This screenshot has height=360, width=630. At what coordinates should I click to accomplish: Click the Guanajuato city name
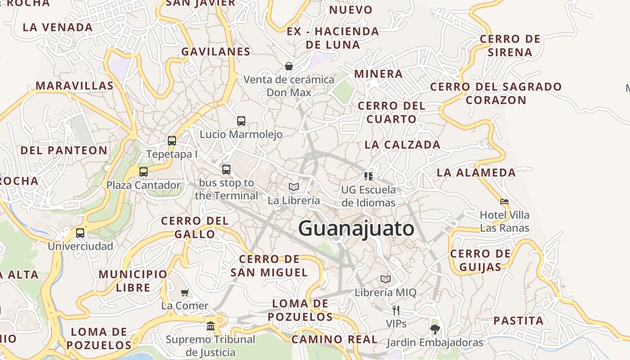356,229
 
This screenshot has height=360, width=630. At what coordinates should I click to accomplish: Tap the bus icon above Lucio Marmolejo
241,121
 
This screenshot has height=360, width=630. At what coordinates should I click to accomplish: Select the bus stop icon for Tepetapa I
171,140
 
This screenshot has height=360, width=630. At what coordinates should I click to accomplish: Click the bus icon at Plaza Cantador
143,171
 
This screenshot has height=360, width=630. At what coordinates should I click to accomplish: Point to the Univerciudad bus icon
80,233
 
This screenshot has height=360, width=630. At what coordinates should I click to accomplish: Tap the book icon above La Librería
294,187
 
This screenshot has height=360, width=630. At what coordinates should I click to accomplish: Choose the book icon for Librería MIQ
386,279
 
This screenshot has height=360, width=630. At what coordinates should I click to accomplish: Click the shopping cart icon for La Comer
184,293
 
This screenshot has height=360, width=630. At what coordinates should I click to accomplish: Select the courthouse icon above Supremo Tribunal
210,326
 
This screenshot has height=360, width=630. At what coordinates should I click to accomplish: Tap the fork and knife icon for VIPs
396,310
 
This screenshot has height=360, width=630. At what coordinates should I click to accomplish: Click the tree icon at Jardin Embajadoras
435,329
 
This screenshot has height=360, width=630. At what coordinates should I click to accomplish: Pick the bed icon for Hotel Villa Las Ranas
504,201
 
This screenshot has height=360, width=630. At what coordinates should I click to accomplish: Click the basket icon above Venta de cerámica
289,66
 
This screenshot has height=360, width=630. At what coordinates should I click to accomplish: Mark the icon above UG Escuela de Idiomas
369,176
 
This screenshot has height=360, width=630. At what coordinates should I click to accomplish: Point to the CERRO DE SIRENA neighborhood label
510,45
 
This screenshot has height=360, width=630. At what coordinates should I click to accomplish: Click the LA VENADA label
58,27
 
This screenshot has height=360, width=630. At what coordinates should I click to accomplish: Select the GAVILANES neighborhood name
216,52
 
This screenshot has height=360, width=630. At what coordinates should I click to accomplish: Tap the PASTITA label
518,321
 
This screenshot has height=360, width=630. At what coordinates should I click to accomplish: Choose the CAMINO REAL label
334,339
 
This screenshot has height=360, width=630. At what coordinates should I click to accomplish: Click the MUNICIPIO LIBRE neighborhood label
133,281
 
